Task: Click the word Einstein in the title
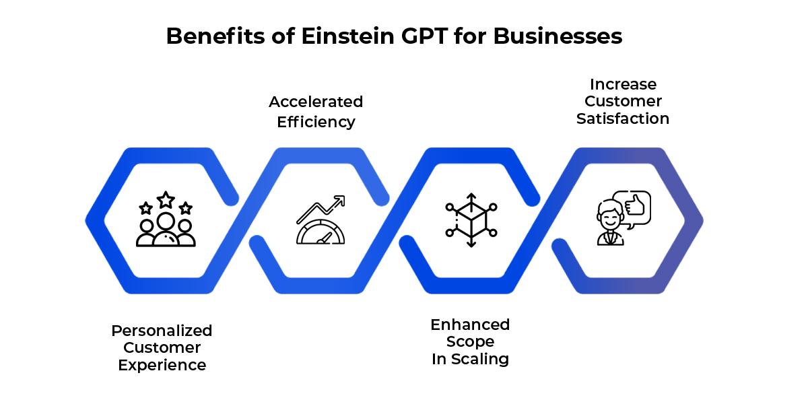(x=347, y=36)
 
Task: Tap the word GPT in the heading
(x=424, y=36)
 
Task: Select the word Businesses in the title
(x=558, y=36)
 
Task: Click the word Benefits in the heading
(x=215, y=36)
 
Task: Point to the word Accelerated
(x=316, y=102)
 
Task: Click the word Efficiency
(x=316, y=122)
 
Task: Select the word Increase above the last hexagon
(x=623, y=84)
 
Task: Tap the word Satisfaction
(x=623, y=119)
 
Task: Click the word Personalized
(x=162, y=331)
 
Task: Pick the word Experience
(x=162, y=365)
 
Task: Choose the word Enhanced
(x=470, y=325)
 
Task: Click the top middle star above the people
(x=166, y=200)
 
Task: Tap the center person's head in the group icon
(x=166, y=221)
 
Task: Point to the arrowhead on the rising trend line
(x=340, y=201)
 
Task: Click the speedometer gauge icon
(x=321, y=232)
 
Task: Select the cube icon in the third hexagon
(x=471, y=220)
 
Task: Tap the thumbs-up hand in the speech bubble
(x=635, y=205)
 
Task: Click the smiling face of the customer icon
(x=610, y=216)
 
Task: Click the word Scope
(x=470, y=341)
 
